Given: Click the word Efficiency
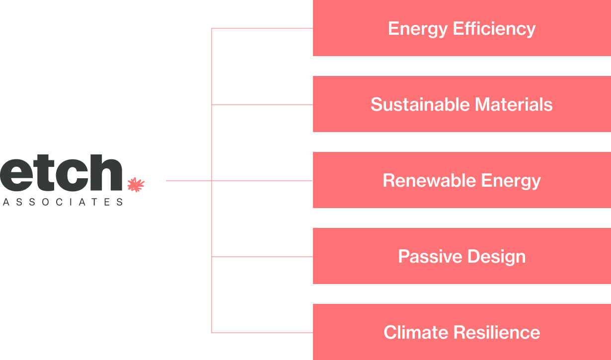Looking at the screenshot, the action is pos(494,29).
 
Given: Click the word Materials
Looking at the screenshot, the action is pos(514,105).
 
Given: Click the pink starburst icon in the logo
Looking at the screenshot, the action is pos(136,185).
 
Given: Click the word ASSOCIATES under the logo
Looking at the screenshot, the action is pos(63,202).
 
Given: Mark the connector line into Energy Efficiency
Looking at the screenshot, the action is pos(262,28).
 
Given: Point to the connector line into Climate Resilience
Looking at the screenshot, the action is pos(262,332).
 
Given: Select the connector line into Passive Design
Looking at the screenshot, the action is pos(262,257).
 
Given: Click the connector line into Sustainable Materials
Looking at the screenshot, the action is pos(262,105).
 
